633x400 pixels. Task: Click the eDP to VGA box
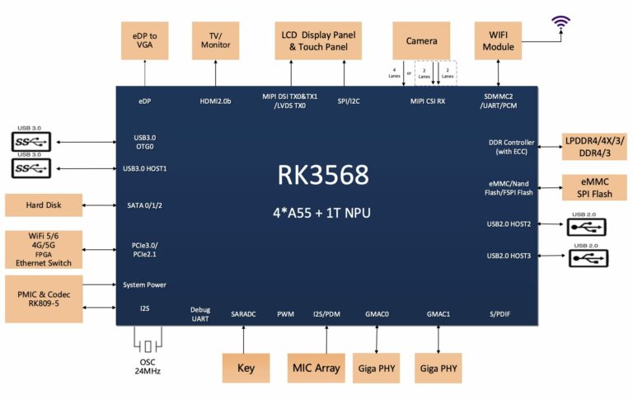[144, 40]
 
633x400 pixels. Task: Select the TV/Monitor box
[215, 40]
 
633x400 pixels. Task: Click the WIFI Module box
[499, 40]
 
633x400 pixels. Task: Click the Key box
[246, 368]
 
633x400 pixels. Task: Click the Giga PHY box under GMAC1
[437, 368]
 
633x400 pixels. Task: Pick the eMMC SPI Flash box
[595, 186]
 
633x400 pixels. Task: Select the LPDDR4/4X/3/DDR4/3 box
[595, 148]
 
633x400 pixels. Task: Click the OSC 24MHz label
[148, 366]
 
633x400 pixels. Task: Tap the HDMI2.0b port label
[214, 101]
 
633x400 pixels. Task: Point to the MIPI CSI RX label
[428, 101]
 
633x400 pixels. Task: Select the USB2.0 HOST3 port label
[509, 256]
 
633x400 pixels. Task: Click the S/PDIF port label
[501, 314]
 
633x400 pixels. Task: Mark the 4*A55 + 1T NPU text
[323, 213]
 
